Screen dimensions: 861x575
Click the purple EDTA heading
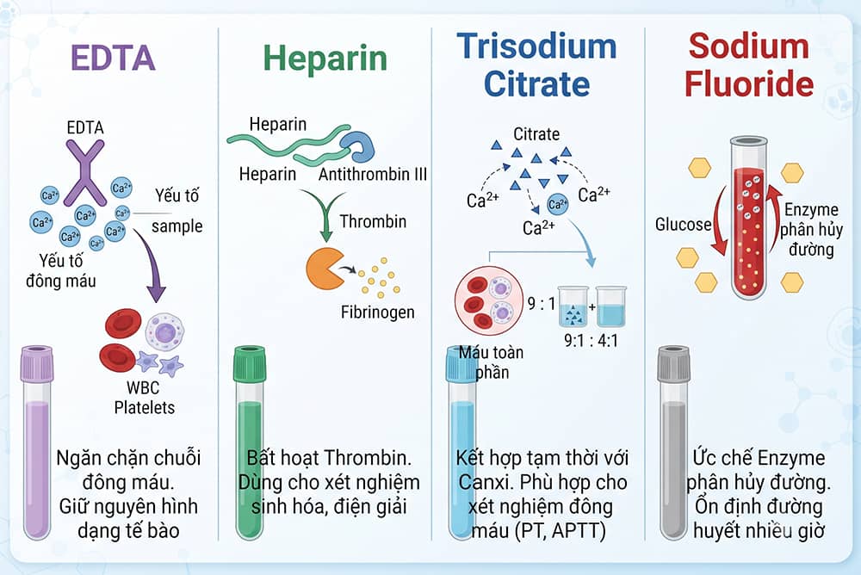pyautogui.click(x=113, y=58)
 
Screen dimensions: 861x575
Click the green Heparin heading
pyautogui.click(x=325, y=59)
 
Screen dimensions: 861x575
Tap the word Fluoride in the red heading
pyautogui.click(x=749, y=84)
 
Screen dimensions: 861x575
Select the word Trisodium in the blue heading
pyautogui.click(x=536, y=46)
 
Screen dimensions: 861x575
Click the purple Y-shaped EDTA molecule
pyautogui.click(x=84, y=172)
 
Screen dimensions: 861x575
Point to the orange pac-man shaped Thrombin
pyautogui.click(x=325, y=269)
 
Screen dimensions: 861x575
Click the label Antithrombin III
pyautogui.click(x=373, y=174)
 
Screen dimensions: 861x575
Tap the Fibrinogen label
pyautogui.click(x=378, y=312)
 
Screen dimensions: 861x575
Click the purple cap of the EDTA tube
pyautogui.click(x=37, y=364)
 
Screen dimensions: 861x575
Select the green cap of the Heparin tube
pyautogui.click(x=250, y=364)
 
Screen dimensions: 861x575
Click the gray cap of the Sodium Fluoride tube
pyautogui.click(x=674, y=364)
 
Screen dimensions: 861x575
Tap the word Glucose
pyautogui.click(x=683, y=224)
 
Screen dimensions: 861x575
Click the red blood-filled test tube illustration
pyautogui.click(x=748, y=218)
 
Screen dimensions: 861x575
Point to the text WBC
pyautogui.click(x=143, y=387)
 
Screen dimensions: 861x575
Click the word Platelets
pyautogui.click(x=145, y=407)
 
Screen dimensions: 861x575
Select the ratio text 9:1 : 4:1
pyautogui.click(x=591, y=341)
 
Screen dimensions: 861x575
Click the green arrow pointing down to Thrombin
pyautogui.click(x=325, y=214)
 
